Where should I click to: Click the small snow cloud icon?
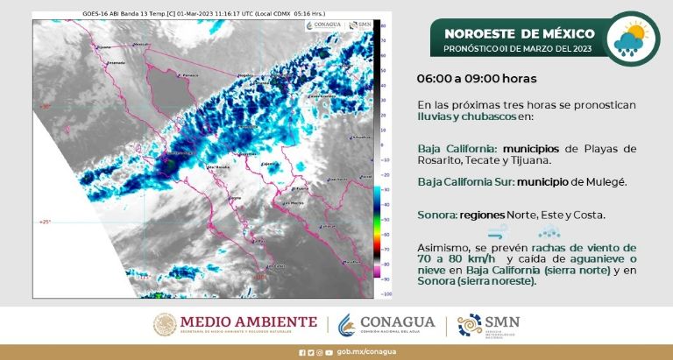point(550,232)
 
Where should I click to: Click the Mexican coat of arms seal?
point(164,324)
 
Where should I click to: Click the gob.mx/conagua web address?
point(361,353)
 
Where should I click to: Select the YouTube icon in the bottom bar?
point(328,353)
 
